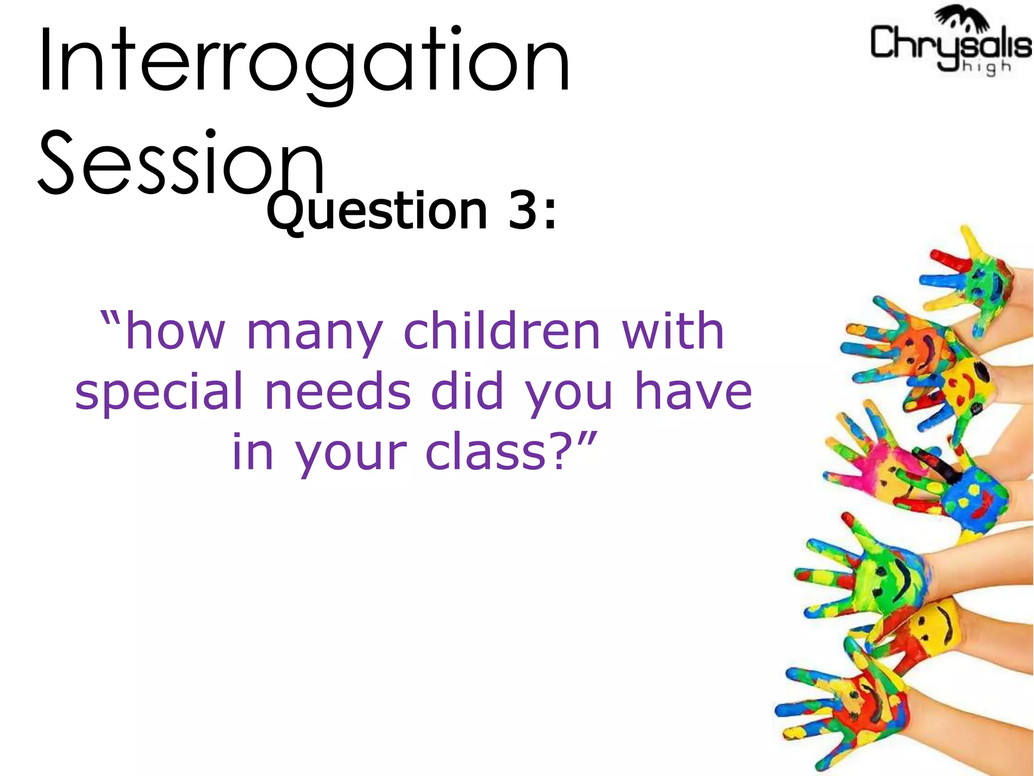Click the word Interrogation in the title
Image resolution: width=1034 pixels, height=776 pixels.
coord(304,62)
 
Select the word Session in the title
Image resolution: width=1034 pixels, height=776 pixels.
coord(181,163)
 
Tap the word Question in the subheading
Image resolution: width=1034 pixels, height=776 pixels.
coord(377,211)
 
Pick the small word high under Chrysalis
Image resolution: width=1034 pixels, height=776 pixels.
coord(987,67)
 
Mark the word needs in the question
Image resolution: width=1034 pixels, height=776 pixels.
coord(338,391)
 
